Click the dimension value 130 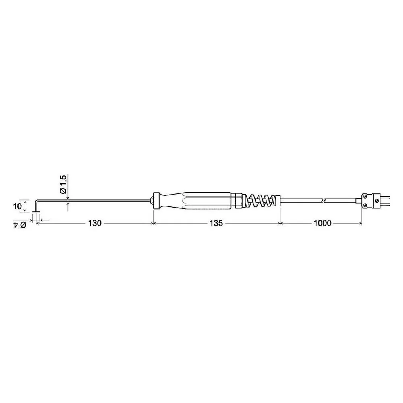pos(95,223)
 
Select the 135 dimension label pos(216,223)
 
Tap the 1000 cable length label pos(322,223)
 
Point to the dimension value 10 pos(17,206)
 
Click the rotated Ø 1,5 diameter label pos(63,184)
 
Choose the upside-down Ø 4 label pos(20,224)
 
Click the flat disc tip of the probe pos(36,212)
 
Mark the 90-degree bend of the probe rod pos(37,201)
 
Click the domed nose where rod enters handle pos(151,200)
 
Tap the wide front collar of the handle pos(156,200)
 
